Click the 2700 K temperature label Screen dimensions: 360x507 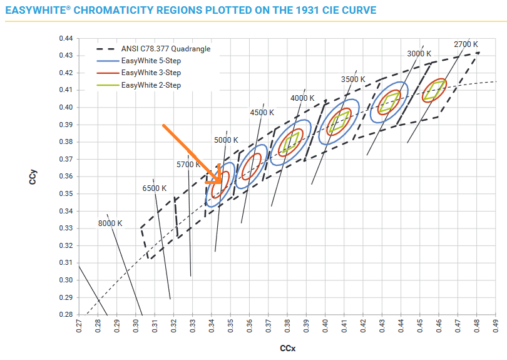[x=466, y=44]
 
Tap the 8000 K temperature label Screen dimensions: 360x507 [x=110, y=224]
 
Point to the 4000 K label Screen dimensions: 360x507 [x=303, y=98]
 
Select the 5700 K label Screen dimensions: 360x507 [x=188, y=165]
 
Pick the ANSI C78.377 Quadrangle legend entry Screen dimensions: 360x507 [x=165, y=49]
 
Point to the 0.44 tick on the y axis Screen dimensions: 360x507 [x=66, y=38]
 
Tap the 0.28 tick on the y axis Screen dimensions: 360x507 [x=66, y=314]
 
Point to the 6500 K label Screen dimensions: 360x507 [x=155, y=188]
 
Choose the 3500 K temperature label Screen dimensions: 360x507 [x=353, y=79]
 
